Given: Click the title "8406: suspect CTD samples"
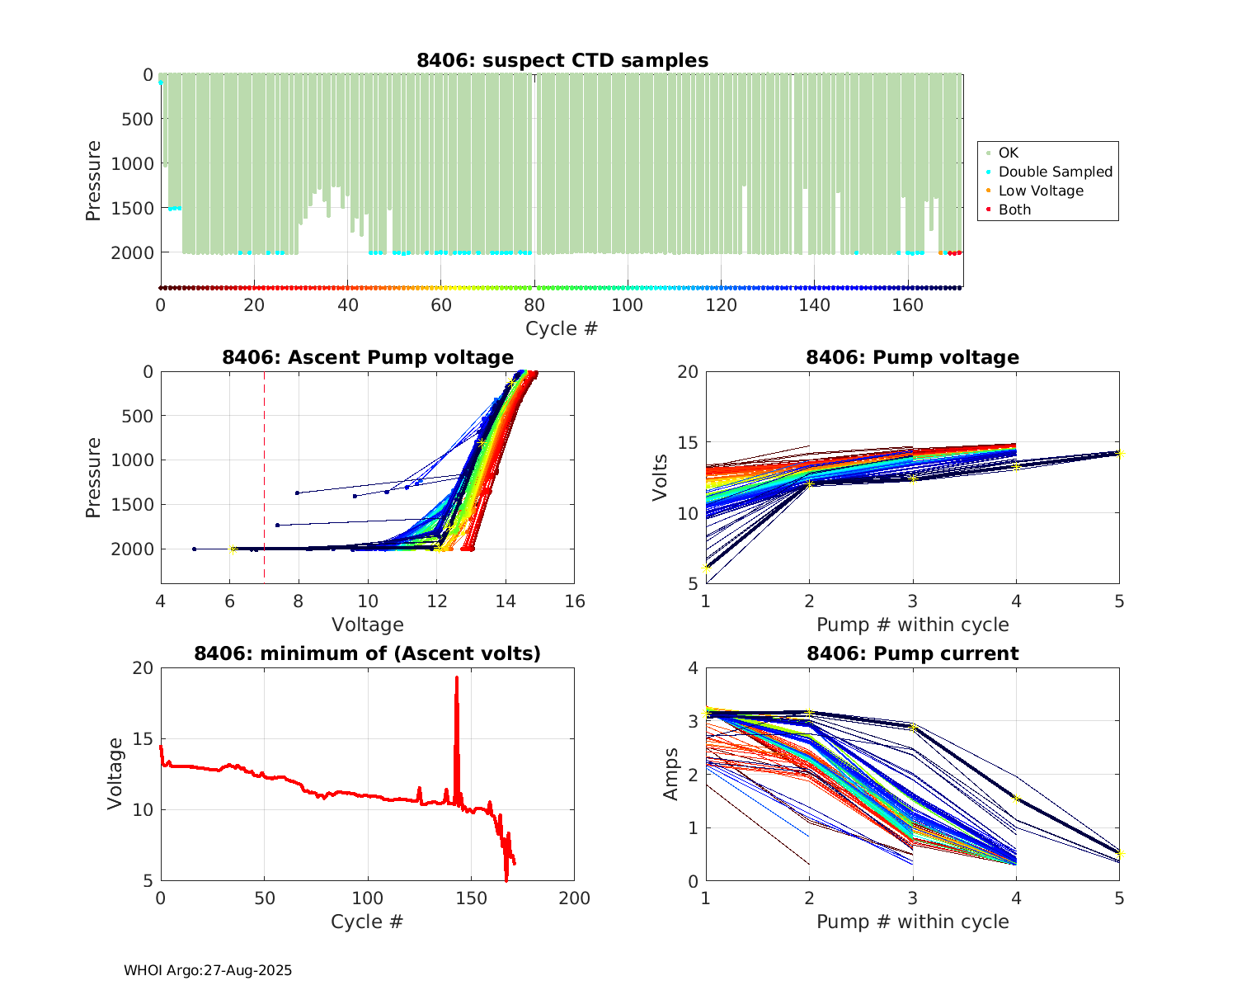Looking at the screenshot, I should [x=562, y=60].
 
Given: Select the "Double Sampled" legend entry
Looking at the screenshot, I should [x=1055, y=172].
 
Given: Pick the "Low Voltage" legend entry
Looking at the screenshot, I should [x=1041, y=191].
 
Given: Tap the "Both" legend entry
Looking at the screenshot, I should [x=1014, y=210].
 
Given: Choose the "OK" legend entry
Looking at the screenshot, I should [x=1008, y=153].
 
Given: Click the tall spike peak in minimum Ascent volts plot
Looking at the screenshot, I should [x=456, y=678].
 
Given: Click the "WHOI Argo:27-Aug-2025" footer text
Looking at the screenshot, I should [x=208, y=970].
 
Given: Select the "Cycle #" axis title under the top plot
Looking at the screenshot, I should [x=562, y=328].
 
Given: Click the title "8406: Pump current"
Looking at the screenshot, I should [x=912, y=653].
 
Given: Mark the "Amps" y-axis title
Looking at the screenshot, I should [x=671, y=774].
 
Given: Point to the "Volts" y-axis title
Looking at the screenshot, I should [x=660, y=478].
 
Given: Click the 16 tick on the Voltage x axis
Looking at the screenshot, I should [x=575, y=601].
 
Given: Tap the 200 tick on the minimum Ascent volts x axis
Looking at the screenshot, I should [x=575, y=898].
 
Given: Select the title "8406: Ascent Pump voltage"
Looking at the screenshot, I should [x=368, y=357].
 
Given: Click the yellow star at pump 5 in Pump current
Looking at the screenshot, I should [x=1119, y=854].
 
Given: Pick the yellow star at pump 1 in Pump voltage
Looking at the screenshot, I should [x=706, y=568].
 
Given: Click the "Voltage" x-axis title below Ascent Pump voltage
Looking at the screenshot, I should [x=368, y=625].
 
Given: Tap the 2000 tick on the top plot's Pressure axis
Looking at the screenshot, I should [x=132, y=252].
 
